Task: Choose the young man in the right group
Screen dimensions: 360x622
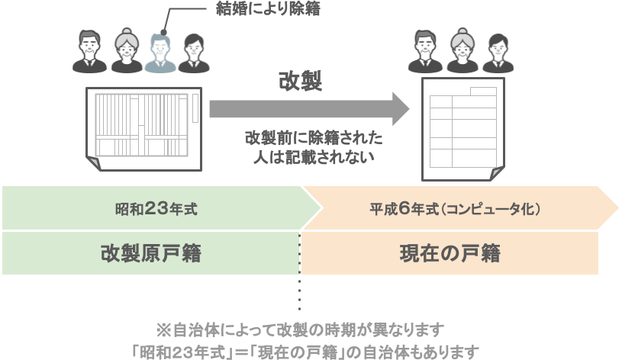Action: point(495,52)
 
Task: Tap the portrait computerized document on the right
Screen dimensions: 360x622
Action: point(462,126)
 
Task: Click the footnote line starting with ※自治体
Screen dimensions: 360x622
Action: point(300,330)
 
